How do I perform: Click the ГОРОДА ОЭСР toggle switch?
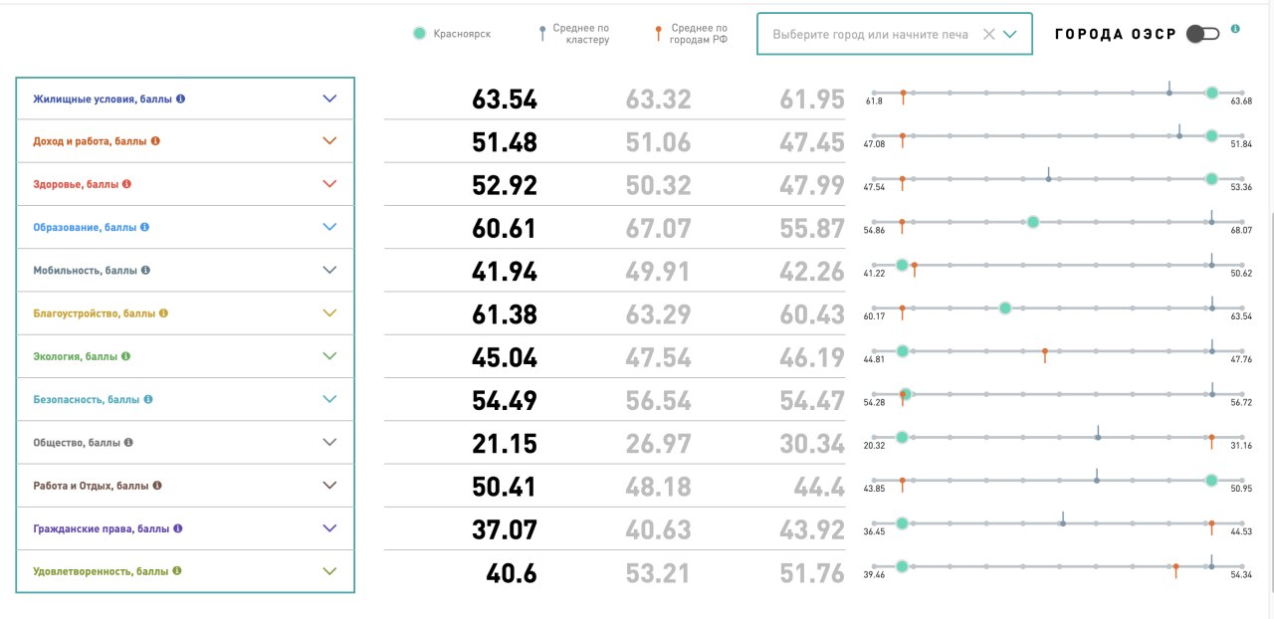tap(1202, 34)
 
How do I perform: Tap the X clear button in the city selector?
tap(988, 34)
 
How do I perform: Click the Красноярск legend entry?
tap(453, 34)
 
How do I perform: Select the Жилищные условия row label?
tap(102, 99)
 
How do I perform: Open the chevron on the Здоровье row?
tap(330, 184)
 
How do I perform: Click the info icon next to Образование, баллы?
tap(144, 227)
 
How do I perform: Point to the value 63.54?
tap(504, 100)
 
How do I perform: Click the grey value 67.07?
tap(658, 228)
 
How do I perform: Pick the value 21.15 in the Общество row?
tap(504, 443)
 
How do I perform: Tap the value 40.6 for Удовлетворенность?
tap(511, 574)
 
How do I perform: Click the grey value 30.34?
tap(811, 443)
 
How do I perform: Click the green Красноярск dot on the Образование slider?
tap(1032, 222)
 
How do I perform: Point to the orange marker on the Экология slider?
tap(1044, 352)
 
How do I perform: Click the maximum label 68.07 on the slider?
tap(1240, 230)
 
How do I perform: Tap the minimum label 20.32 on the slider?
tap(875, 445)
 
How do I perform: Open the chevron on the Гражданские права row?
tap(330, 528)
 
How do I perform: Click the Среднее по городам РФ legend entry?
tap(691, 34)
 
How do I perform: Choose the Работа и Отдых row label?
tap(91, 486)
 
